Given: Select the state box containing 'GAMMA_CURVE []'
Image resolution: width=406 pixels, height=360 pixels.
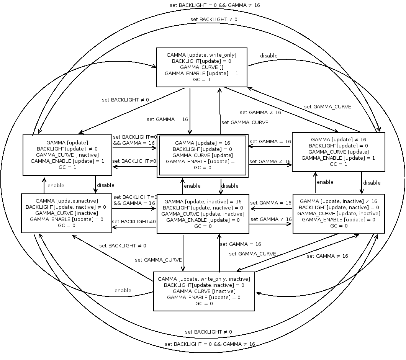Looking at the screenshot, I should tap(201, 67).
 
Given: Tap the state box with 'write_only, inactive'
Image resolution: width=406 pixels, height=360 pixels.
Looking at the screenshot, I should tap(204, 291).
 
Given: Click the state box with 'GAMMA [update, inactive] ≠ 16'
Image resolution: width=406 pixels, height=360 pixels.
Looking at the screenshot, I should tap(338, 213).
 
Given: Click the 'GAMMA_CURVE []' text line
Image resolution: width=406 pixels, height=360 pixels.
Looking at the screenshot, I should tap(201, 67).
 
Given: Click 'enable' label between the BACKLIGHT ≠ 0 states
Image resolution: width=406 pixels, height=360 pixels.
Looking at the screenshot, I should tap(56, 185).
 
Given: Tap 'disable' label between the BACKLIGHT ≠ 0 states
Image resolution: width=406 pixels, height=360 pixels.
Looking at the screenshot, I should tap(106, 185).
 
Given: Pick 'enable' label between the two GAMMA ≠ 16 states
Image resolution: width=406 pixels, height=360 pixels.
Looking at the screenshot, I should tap(325, 182).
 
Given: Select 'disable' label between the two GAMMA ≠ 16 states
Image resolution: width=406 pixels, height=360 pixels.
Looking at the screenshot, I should tap(372, 183).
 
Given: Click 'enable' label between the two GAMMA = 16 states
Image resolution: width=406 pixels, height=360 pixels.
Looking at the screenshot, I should tap(192, 186).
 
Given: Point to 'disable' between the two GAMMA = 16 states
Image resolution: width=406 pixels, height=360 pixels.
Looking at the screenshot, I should tap(230, 186).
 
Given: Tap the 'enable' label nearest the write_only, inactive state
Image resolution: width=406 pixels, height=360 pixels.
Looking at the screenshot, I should tap(123, 290).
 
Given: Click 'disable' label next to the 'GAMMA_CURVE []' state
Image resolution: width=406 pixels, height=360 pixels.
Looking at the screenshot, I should tap(269, 56).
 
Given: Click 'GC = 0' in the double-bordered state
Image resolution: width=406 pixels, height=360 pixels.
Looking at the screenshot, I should tap(202, 168).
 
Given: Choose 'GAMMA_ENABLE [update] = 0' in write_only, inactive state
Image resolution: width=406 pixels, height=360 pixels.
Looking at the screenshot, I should tap(204, 297).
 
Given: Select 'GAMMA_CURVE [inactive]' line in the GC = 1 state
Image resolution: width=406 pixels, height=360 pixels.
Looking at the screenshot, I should tap(67, 155).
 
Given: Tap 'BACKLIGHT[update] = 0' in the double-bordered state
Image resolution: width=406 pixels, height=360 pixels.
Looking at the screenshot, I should tap(202, 149).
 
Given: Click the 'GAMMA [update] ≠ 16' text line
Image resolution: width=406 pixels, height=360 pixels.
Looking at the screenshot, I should tap(339, 139).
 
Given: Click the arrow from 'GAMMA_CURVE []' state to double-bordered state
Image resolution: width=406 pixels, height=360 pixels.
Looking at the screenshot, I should tap(190, 111).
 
